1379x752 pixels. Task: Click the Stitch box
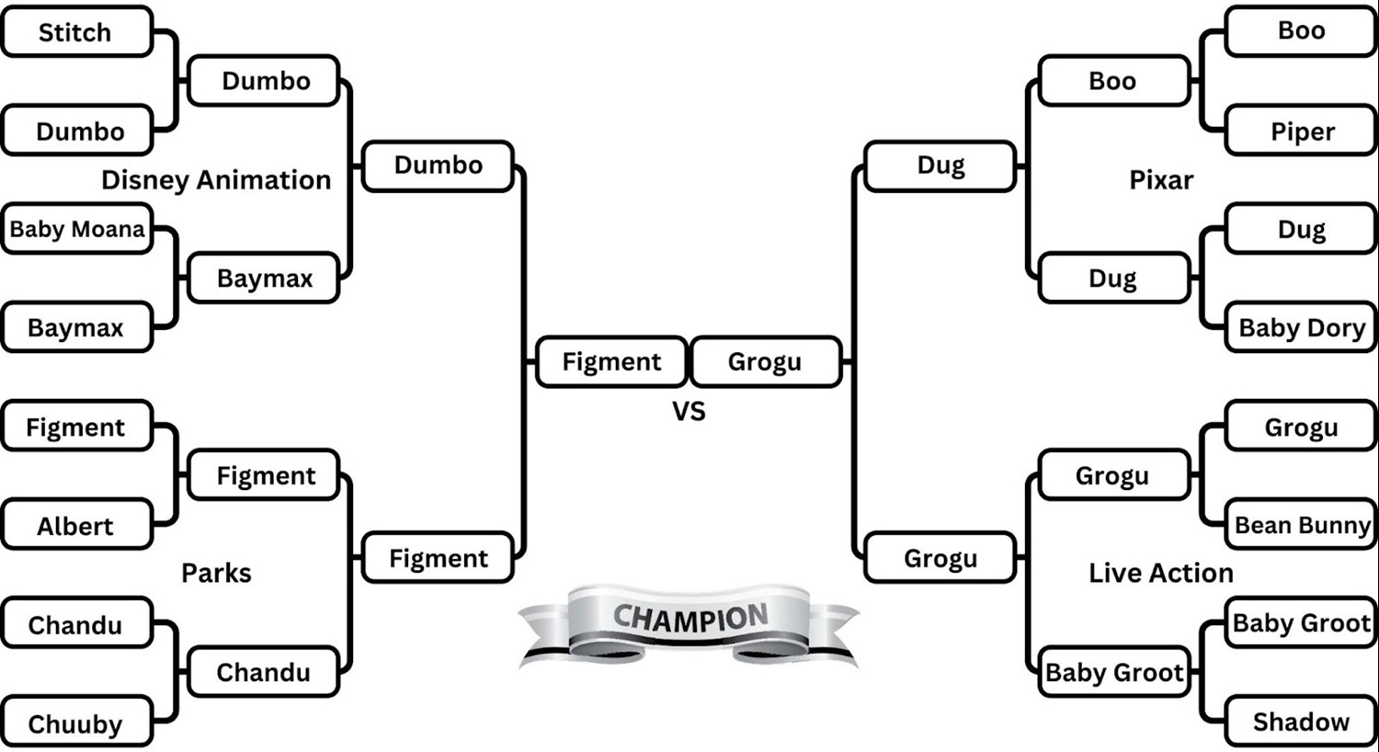(x=75, y=32)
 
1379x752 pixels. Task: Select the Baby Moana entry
(x=77, y=229)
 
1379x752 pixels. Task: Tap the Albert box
(x=75, y=526)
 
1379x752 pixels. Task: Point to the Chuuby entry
(x=75, y=724)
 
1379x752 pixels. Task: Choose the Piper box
(x=1302, y=131)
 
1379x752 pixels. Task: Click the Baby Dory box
(x=1302, y=328)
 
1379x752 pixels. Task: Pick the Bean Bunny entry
(x=1302, y=525)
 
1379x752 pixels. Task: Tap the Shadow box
(x=1302, y=722)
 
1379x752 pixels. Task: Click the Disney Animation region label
(x=216, y=180)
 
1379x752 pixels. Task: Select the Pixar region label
(x=1161, y=180)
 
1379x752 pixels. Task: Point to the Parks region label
(x=216, y=573)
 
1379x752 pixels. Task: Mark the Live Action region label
(x=1161, y=573)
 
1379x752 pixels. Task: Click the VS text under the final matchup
(x=689, y=411)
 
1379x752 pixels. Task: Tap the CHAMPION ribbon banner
(x=689, y=621)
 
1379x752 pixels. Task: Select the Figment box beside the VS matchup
(x=611, y=362)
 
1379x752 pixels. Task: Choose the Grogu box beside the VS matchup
(x=765, y=362)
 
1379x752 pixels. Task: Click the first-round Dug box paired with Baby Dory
(x=1302, y=229)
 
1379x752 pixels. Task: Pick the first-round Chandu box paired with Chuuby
(x=75, y=625)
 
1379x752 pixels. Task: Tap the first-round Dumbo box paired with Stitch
(x=80, y=131)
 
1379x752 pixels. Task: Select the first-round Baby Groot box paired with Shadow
(x=1302, y=623)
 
